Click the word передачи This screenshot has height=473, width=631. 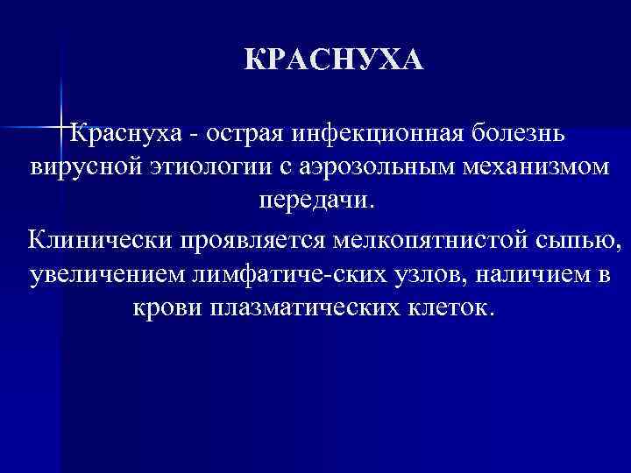315,199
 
